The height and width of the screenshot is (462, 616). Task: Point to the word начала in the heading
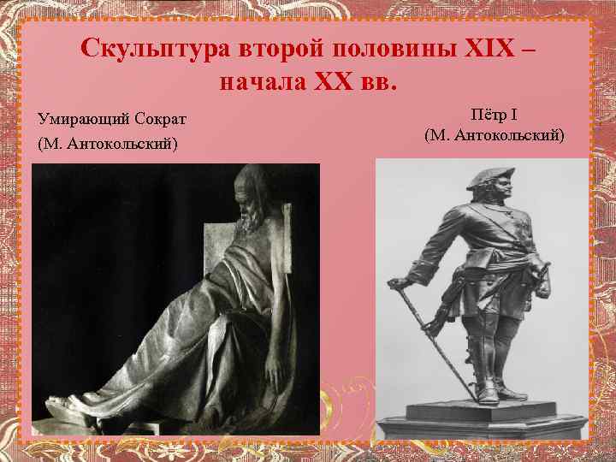(x=254, y=84)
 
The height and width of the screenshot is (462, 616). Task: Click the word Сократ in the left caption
(x=157, y=116)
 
